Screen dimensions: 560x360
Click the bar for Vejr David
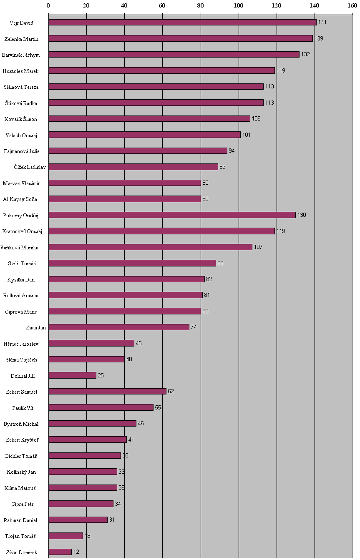pyautogui.click(x=182, y=23)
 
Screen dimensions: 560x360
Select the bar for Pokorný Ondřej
pyautogui.click(x=172, y=215)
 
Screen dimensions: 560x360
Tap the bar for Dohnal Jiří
pyautogui.click(x=72, y=375)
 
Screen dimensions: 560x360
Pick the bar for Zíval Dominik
pyautogui.click(x=60, y=552)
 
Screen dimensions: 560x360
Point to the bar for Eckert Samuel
pyautogui.click(x=107, y=392)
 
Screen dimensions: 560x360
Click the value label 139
pyautogui.click(x=319, y=38)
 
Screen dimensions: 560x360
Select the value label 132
pyautogui.click(x=305, y=55)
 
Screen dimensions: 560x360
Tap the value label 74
pyautogui.click(x=194, y=327)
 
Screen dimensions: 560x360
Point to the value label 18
pyautogui.click(x=88, y=536)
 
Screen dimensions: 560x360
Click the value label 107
pyautogui.click(x=258, y=247)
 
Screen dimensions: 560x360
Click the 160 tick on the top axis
pyautogui.click(x=352, y=5)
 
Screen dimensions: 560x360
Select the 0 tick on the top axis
pyautogui.click(x=48, y=5)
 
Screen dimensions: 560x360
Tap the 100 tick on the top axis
pyautogui.click(x=239, y=5)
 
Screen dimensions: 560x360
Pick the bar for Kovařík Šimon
pyautogui.click(x=149, y=119)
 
